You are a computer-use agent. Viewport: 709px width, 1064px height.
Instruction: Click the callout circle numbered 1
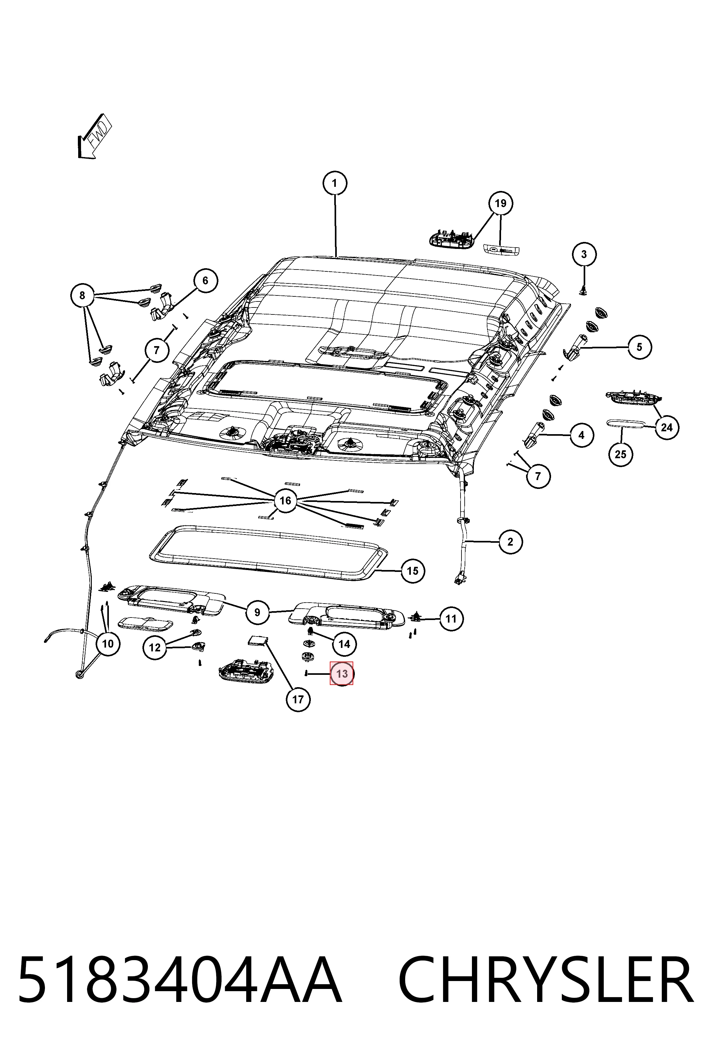click(335, 183)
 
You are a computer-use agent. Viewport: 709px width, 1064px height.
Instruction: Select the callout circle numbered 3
click(584, 254)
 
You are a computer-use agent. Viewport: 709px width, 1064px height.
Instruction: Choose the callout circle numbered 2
click(511, 541)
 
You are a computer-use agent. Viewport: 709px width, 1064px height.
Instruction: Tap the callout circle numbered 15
click(412, 571)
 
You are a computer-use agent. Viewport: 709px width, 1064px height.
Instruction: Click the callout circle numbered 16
click(285, 500)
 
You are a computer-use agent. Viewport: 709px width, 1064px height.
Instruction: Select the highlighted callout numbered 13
click(342, 674)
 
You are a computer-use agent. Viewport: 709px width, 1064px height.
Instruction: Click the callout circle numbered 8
click(82, 296)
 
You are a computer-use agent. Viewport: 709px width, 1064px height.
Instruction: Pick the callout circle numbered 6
click(205, 281)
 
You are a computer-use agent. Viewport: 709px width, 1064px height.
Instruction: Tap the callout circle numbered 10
click(108, 643)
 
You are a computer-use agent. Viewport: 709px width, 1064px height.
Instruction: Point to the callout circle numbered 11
click(451, 618)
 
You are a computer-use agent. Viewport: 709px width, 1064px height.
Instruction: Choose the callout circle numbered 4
click(581, 435)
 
